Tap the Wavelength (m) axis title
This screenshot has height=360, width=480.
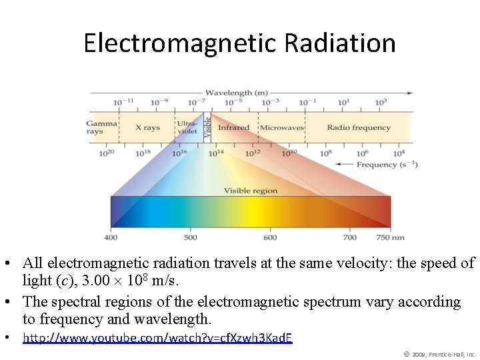click(236, 93)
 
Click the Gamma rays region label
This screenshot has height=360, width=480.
click(101, 127)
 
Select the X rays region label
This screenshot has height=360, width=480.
click(147, 127)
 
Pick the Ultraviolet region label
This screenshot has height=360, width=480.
click(187, 127)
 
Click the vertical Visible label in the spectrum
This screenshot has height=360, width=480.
click(207, 127)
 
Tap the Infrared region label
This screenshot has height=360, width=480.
click(233, 127)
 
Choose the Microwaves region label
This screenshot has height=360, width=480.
click(281, 127)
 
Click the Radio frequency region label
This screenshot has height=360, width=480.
click(359, 127)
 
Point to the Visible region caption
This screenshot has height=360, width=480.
click(250, 191)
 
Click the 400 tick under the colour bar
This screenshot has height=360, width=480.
click(111, 237)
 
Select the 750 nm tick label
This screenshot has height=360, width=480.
click(391, 237)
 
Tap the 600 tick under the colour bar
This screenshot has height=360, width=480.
click(270, 237)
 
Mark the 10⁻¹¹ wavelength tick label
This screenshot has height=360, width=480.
click(123, 102)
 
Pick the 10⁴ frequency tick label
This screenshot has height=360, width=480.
click(399, 153)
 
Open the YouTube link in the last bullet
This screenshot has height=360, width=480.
click(157, 338)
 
